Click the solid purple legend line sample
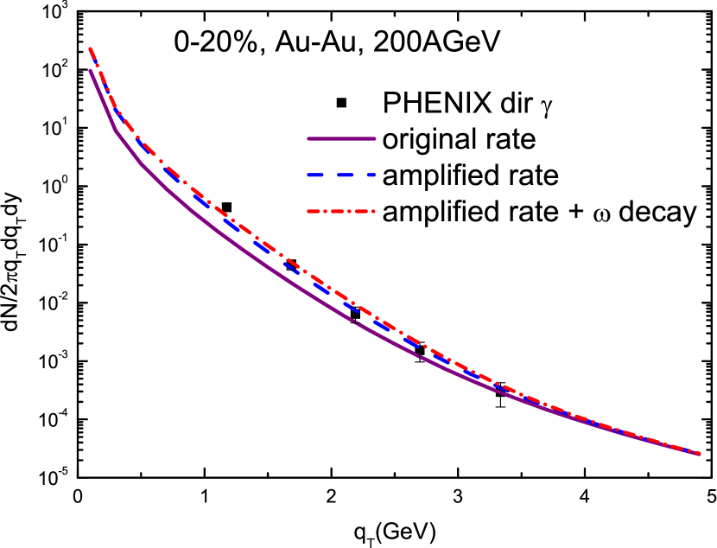(341, 138)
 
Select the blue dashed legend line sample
(341, 175)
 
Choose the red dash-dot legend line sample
(341, 211)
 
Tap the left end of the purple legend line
(309, 138)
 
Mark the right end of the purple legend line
(374, 138)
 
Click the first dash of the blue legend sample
(316, 175)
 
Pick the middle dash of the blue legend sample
(345, 175)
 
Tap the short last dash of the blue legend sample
(371, 175)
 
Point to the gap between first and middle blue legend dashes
(330, 175)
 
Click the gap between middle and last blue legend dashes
(359, 175)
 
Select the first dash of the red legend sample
(314, 211)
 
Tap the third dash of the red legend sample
(362, 211)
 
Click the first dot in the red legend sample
(327, 211)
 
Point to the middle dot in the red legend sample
(350, 211)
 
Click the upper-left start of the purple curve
(90, 71)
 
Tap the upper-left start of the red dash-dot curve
(90, 48)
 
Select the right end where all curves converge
(699, 453)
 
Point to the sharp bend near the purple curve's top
(117, 132)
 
